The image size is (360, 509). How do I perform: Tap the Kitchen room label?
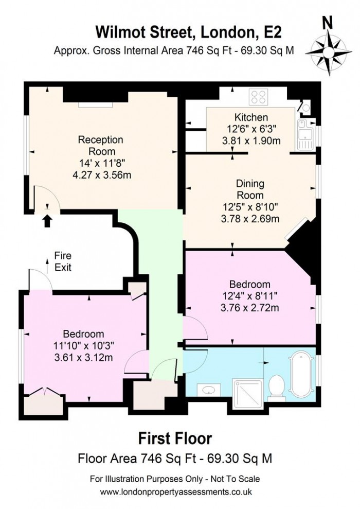[251, 117]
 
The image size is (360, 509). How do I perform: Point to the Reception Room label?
[101, 145]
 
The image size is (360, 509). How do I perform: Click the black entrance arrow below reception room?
[47, 221]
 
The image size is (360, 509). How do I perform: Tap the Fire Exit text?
[63, 261]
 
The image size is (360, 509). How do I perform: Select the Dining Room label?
[250, 189]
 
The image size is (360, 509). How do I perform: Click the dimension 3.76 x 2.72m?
[250, 308]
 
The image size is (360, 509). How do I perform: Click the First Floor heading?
[175, 438]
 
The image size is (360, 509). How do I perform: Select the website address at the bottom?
[175, 492]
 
